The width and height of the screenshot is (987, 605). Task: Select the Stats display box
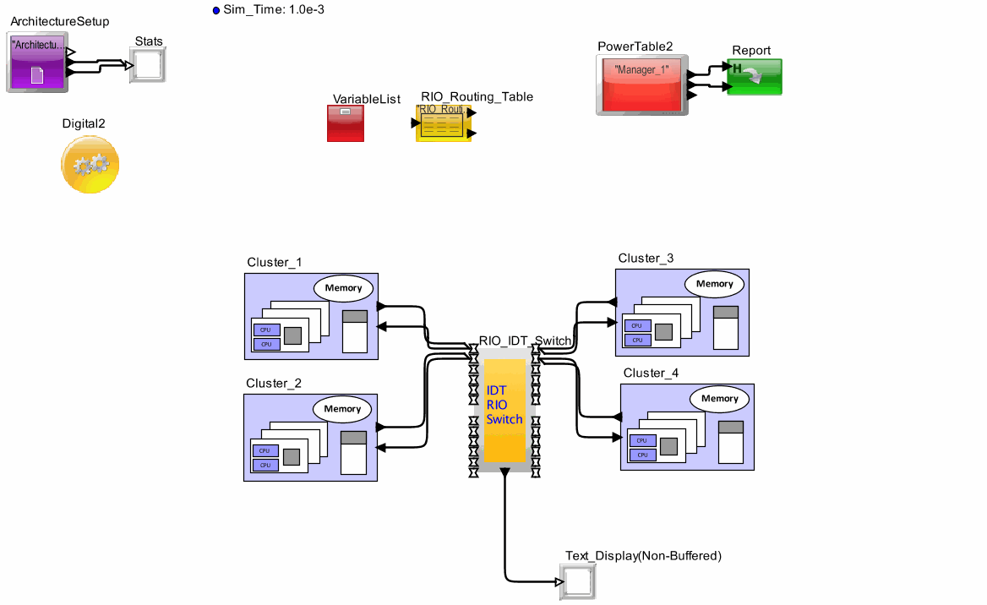tap(149, 65)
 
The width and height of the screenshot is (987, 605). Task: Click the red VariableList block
tap(346, 123)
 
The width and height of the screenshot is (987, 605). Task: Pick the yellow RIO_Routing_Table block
tap(443, 124)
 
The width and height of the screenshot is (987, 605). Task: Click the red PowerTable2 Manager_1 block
tap(641, 85)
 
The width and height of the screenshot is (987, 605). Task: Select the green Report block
tap(754, 77)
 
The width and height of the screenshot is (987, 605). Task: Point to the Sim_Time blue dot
tap(215, 11)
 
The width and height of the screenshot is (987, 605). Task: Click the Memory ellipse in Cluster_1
tap(344, 288)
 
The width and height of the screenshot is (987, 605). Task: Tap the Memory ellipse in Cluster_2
tap(342, 409)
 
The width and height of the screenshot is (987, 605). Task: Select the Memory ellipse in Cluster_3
tap(714, 284)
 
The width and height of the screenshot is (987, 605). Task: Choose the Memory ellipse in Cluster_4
tap(719, 399)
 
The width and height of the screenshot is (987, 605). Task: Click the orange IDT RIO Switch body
tap(504, 410)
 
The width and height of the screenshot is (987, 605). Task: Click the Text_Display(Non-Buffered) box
tap(578, 582)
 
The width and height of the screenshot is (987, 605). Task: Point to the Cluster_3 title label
tap(646, 259)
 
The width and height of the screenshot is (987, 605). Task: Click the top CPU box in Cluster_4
tap(642, 440)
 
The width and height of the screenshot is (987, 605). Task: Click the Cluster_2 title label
tap(273, 384)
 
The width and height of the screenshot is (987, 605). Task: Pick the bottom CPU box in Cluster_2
tap(265, 465)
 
